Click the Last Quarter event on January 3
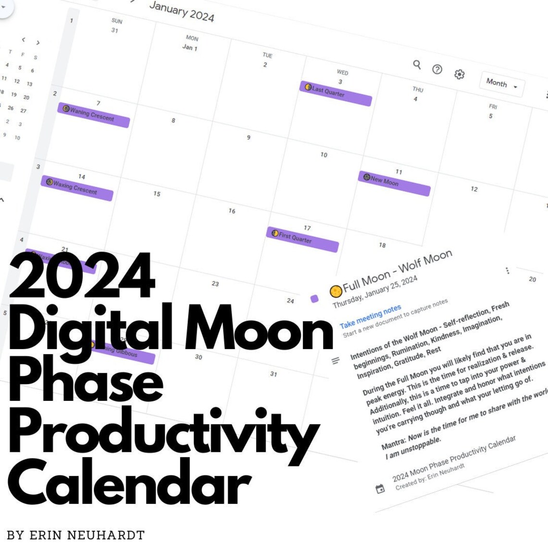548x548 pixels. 336,93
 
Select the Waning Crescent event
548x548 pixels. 93,115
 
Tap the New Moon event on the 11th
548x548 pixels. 394,183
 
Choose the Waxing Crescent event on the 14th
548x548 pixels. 77,188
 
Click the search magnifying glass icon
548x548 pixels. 417,64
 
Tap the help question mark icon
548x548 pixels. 437,69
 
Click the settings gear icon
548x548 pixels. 460,74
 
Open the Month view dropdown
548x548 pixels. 501,85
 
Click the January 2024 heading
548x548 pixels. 182,12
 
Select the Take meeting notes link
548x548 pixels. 370,316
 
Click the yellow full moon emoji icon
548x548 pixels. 336,291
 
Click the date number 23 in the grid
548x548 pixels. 215,284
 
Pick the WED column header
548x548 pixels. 343,73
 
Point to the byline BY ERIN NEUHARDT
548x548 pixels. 75,535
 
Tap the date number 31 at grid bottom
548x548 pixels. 274,374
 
